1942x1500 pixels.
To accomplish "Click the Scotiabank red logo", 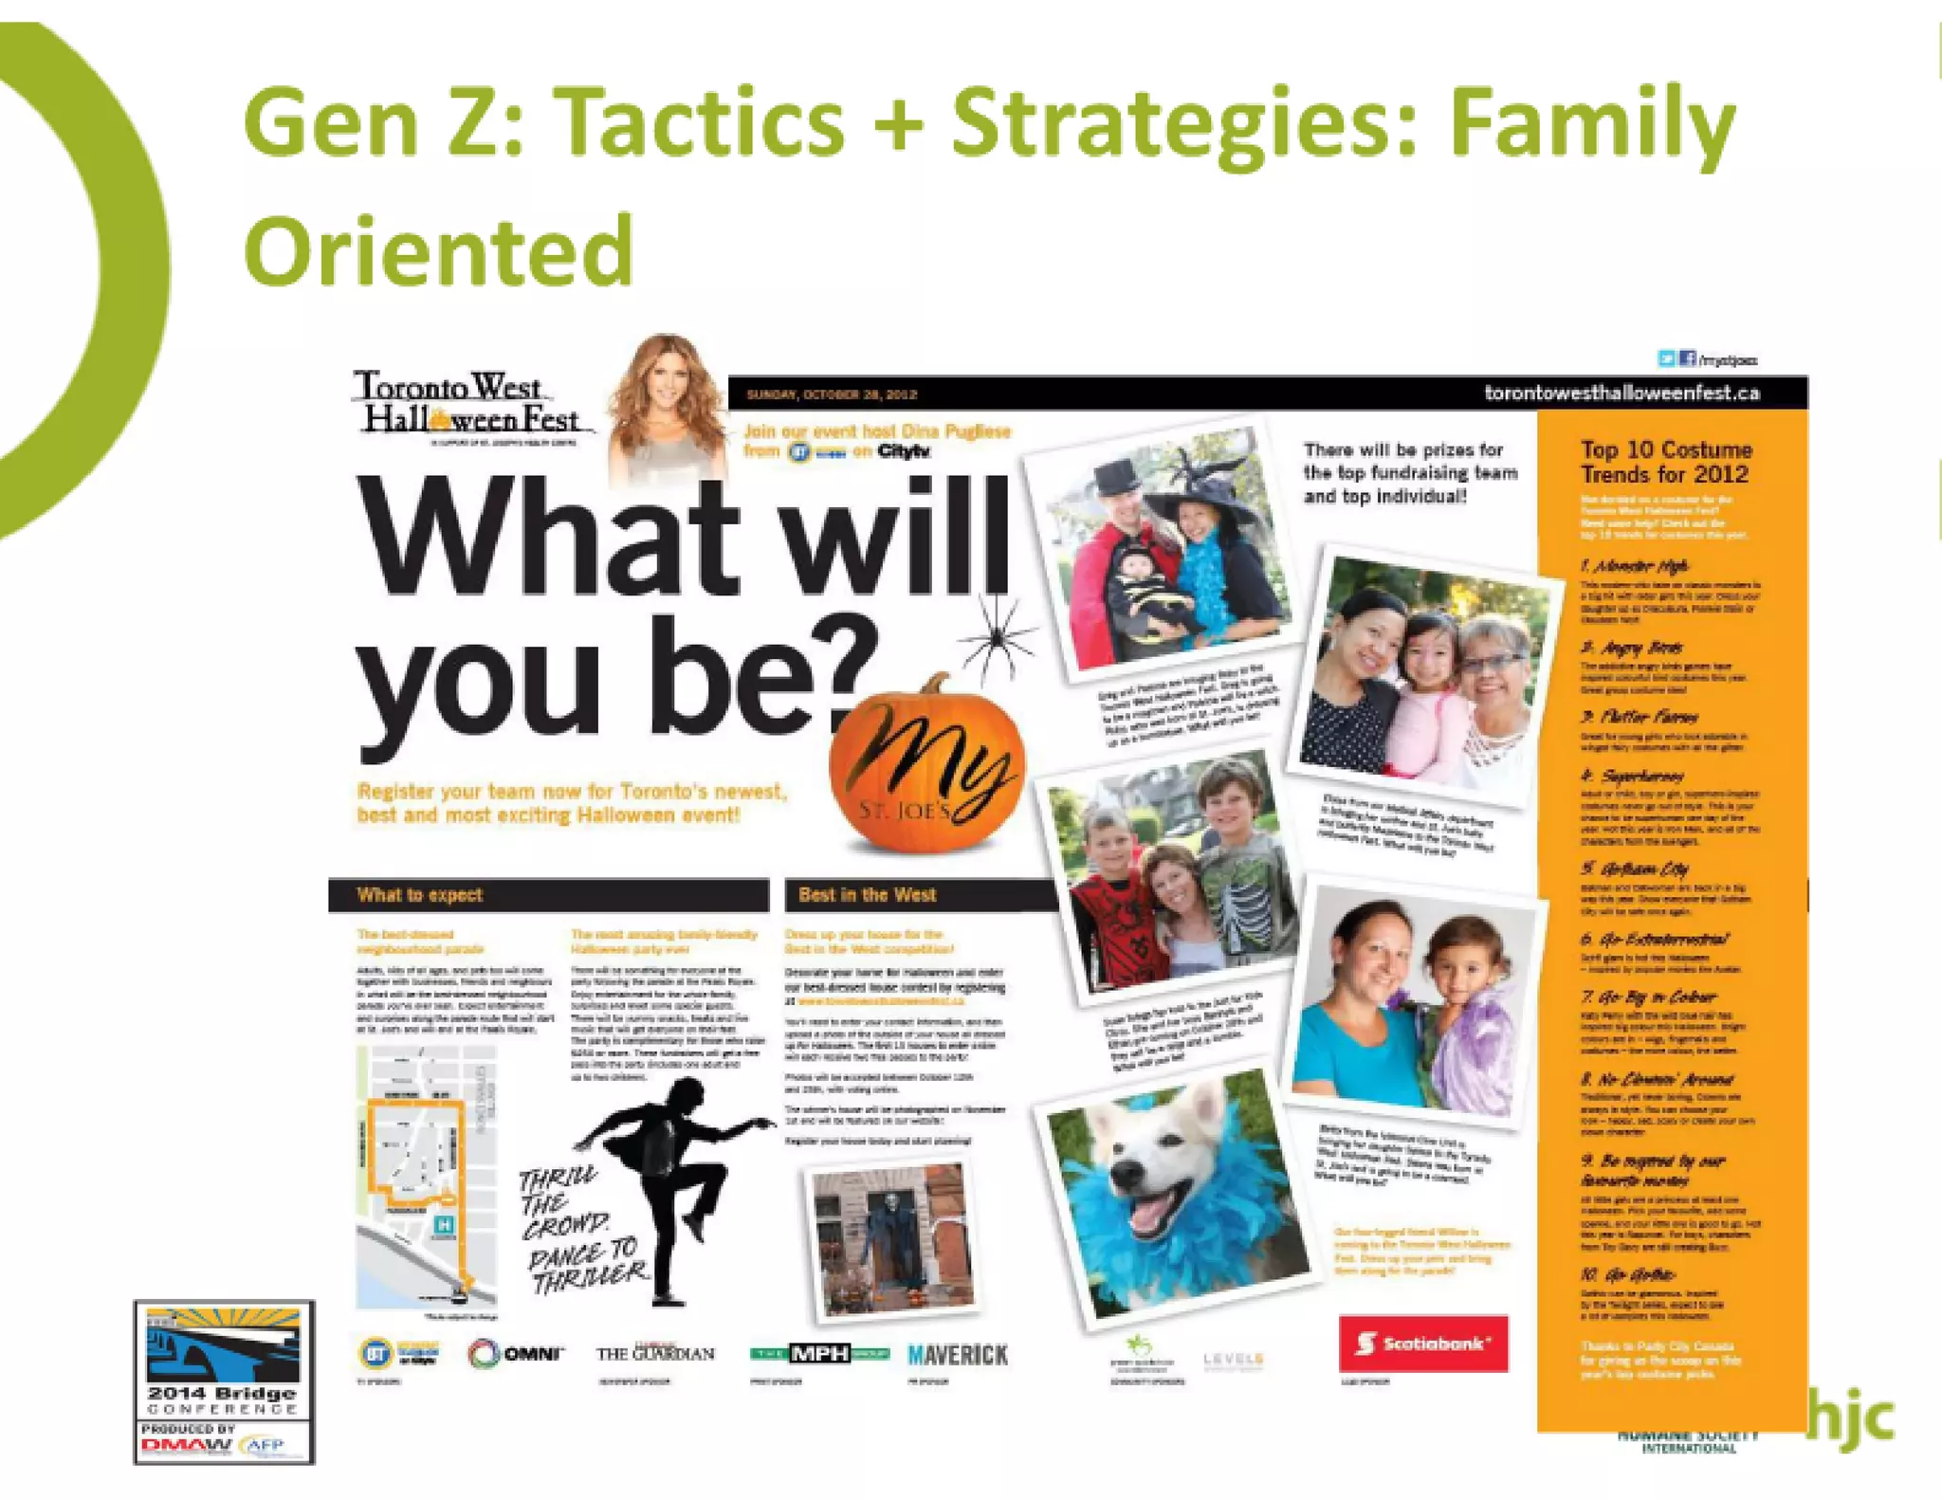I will tap(1422, 1343).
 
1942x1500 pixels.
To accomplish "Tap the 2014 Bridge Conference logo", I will tap(224, 1381).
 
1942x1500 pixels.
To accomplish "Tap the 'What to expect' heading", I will tap(419, 895).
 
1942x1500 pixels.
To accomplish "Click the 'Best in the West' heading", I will tap(867, 895).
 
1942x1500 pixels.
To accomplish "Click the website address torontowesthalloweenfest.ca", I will tap(1621, 393).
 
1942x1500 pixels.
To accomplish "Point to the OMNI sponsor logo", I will tap(516, 1353).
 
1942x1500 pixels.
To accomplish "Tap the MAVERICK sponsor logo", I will tap(957, 1355).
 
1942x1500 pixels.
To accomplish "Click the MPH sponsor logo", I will tap(819, 1354).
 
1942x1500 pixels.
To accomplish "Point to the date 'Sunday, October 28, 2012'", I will tap(831, 394).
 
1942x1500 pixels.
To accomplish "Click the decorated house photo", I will tap(892, 1238).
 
